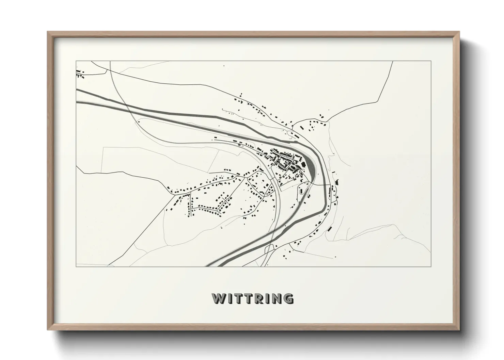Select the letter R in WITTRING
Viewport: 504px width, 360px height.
[257, 298]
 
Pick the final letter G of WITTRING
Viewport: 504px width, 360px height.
[288, 298]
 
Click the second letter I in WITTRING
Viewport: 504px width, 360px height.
[266, 298]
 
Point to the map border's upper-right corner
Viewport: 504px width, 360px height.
[431, 61]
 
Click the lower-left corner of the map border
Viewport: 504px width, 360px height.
[76, 266]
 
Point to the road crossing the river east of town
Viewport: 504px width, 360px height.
[322, 185]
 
